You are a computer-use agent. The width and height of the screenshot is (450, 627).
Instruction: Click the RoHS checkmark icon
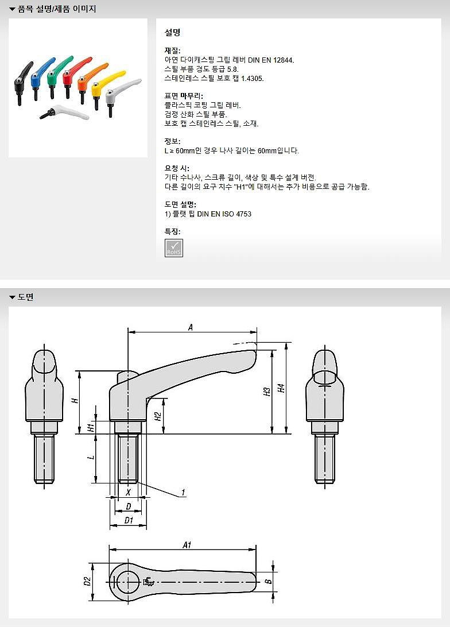pos(174,248)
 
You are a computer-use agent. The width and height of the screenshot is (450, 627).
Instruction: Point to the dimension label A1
pos(187,545)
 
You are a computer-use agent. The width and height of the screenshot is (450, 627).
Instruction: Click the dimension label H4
pos(281,388)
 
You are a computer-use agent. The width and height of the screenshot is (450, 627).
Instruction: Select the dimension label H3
pos(266,392)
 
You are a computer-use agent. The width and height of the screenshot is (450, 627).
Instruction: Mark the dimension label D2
pos(87,581)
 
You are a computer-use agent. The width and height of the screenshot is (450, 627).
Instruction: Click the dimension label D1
pos(129,521)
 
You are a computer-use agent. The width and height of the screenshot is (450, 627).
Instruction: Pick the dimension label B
pos(267,581)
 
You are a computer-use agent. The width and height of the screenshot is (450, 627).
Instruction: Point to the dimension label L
pos(90,458)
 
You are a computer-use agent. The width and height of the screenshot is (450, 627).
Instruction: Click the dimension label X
pos(128,492)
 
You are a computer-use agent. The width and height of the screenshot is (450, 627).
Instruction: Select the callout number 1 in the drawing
pos(183,492)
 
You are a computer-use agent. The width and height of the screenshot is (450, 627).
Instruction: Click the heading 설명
pos(173,33)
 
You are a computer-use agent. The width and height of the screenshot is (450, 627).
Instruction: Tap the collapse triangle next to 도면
pos(11,297)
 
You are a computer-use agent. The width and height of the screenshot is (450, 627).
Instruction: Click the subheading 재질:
pos(172,51)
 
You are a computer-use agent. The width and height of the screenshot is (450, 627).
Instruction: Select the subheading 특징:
pos(172,231)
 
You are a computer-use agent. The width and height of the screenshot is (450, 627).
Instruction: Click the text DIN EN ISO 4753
pos(224,214)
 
